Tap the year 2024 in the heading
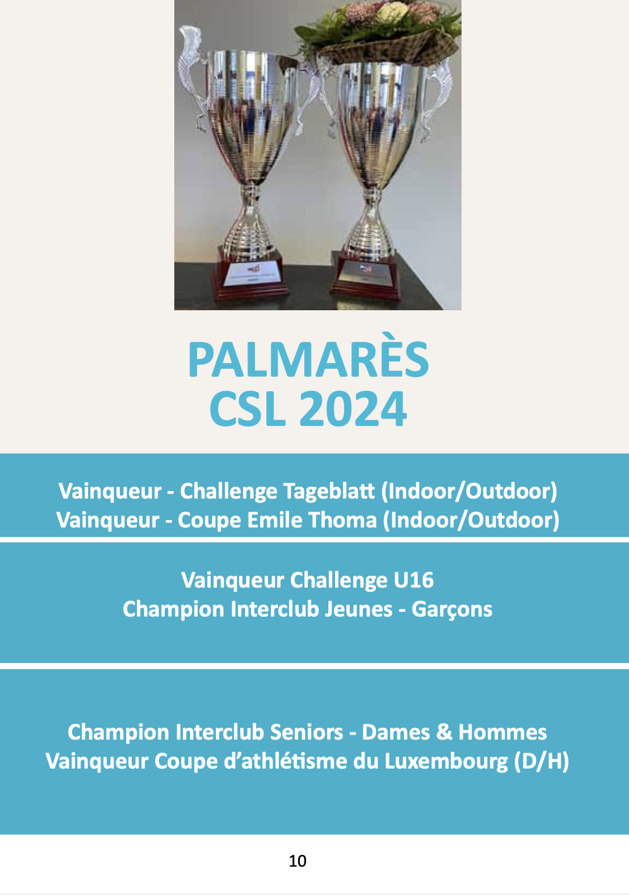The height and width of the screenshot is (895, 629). click(353, 409)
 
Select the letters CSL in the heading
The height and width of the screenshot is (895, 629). click(248, 409)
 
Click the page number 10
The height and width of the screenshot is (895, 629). click(297, 861)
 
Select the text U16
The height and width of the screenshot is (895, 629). click(413, 580)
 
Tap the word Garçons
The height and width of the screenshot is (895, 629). click(452, 610)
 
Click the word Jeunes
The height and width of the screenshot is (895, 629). click(358, 609)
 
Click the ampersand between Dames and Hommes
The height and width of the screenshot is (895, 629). click(445, 732)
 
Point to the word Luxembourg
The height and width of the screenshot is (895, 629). click(446, 762)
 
